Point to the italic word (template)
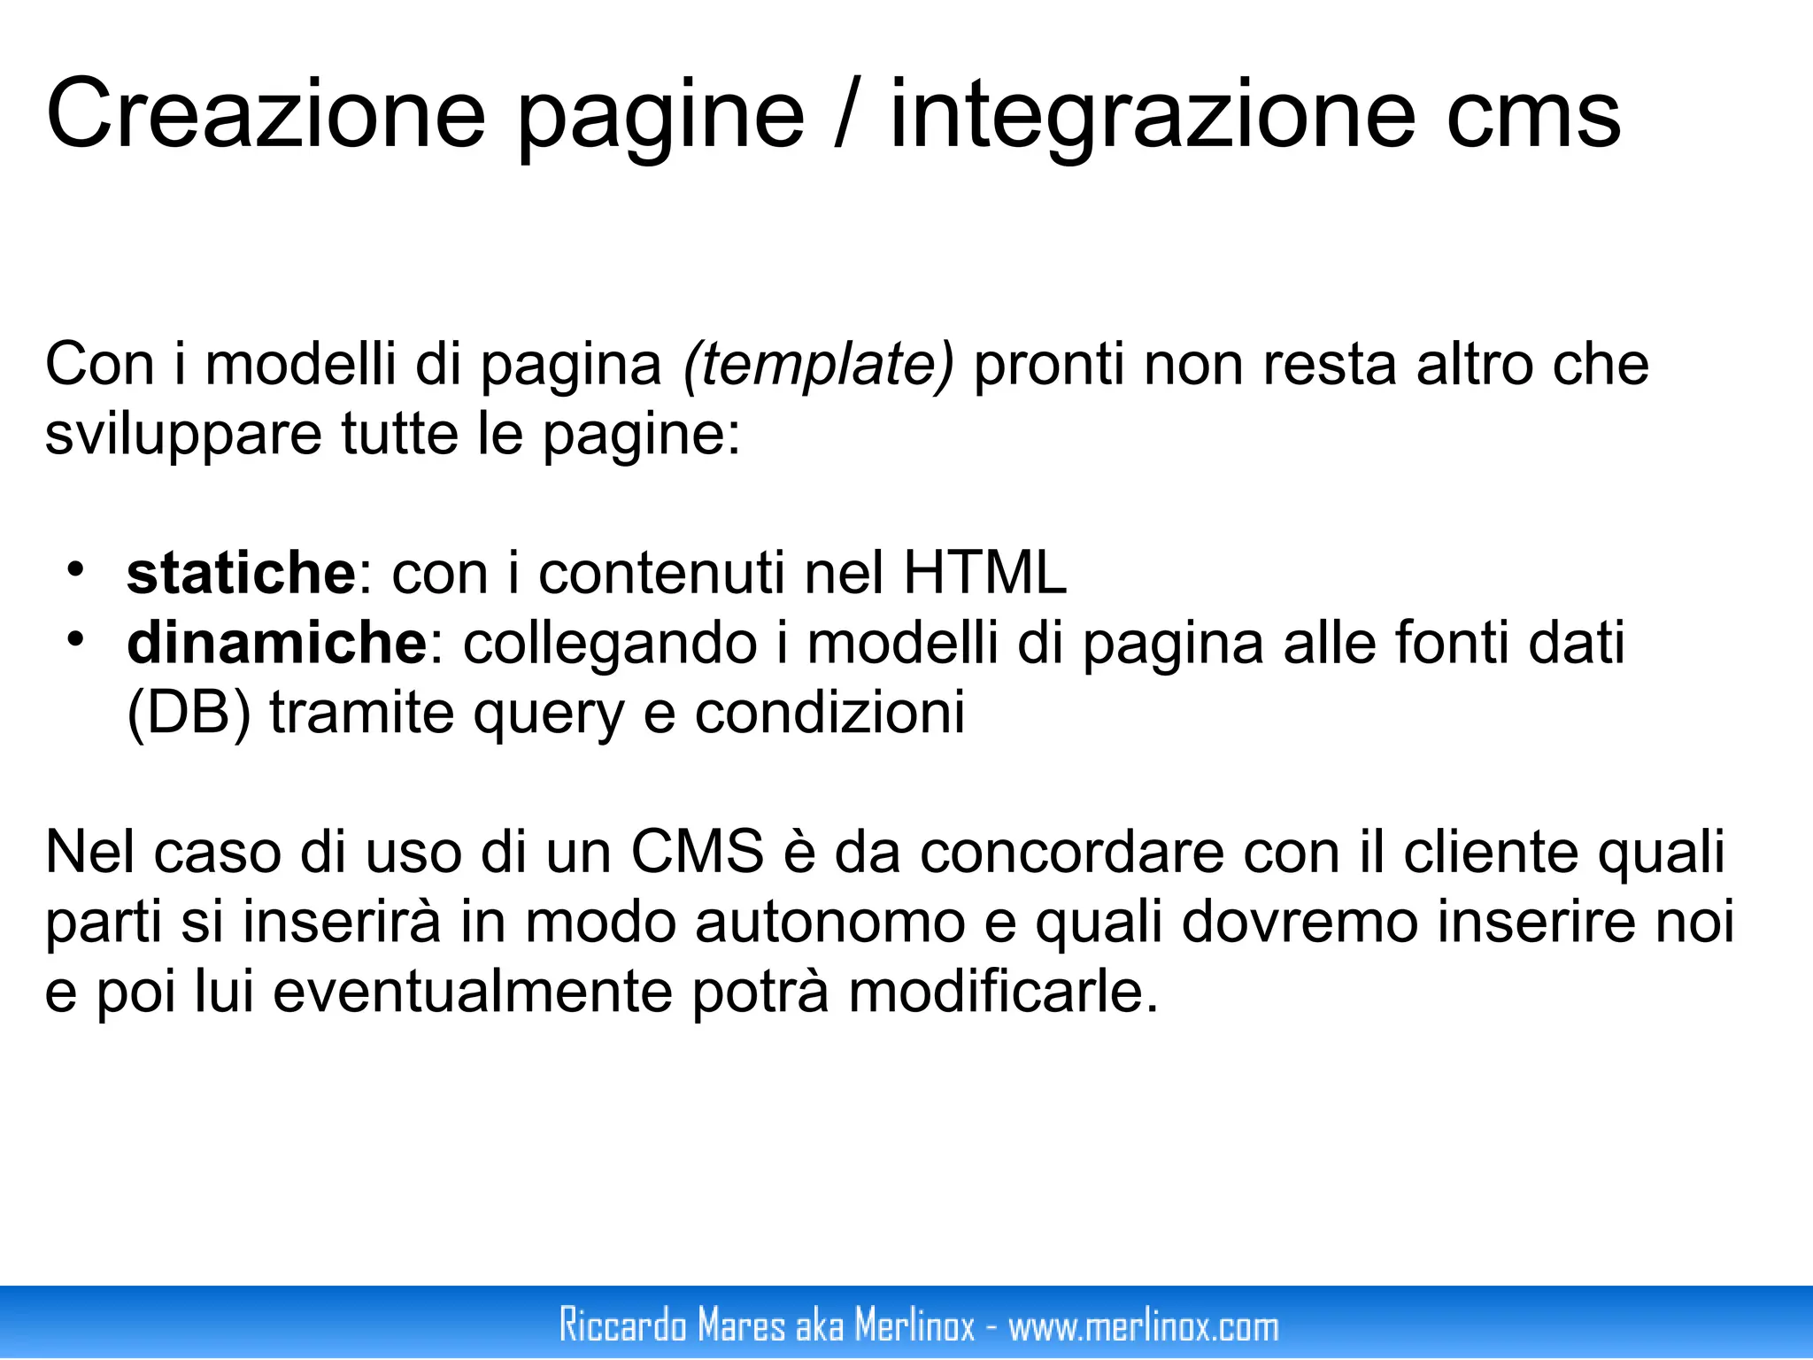tap(818, 366)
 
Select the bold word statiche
tap(241, 573)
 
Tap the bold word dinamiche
tap(277, 643)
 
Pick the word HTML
tap(984, 573)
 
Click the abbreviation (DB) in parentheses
tap(189, 713)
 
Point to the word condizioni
tap(829, 713)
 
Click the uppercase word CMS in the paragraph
tap(698, 853)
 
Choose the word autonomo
tap(829, 923)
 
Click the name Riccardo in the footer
tap(623, 1325)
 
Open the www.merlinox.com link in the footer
tap(1144, 1325)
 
